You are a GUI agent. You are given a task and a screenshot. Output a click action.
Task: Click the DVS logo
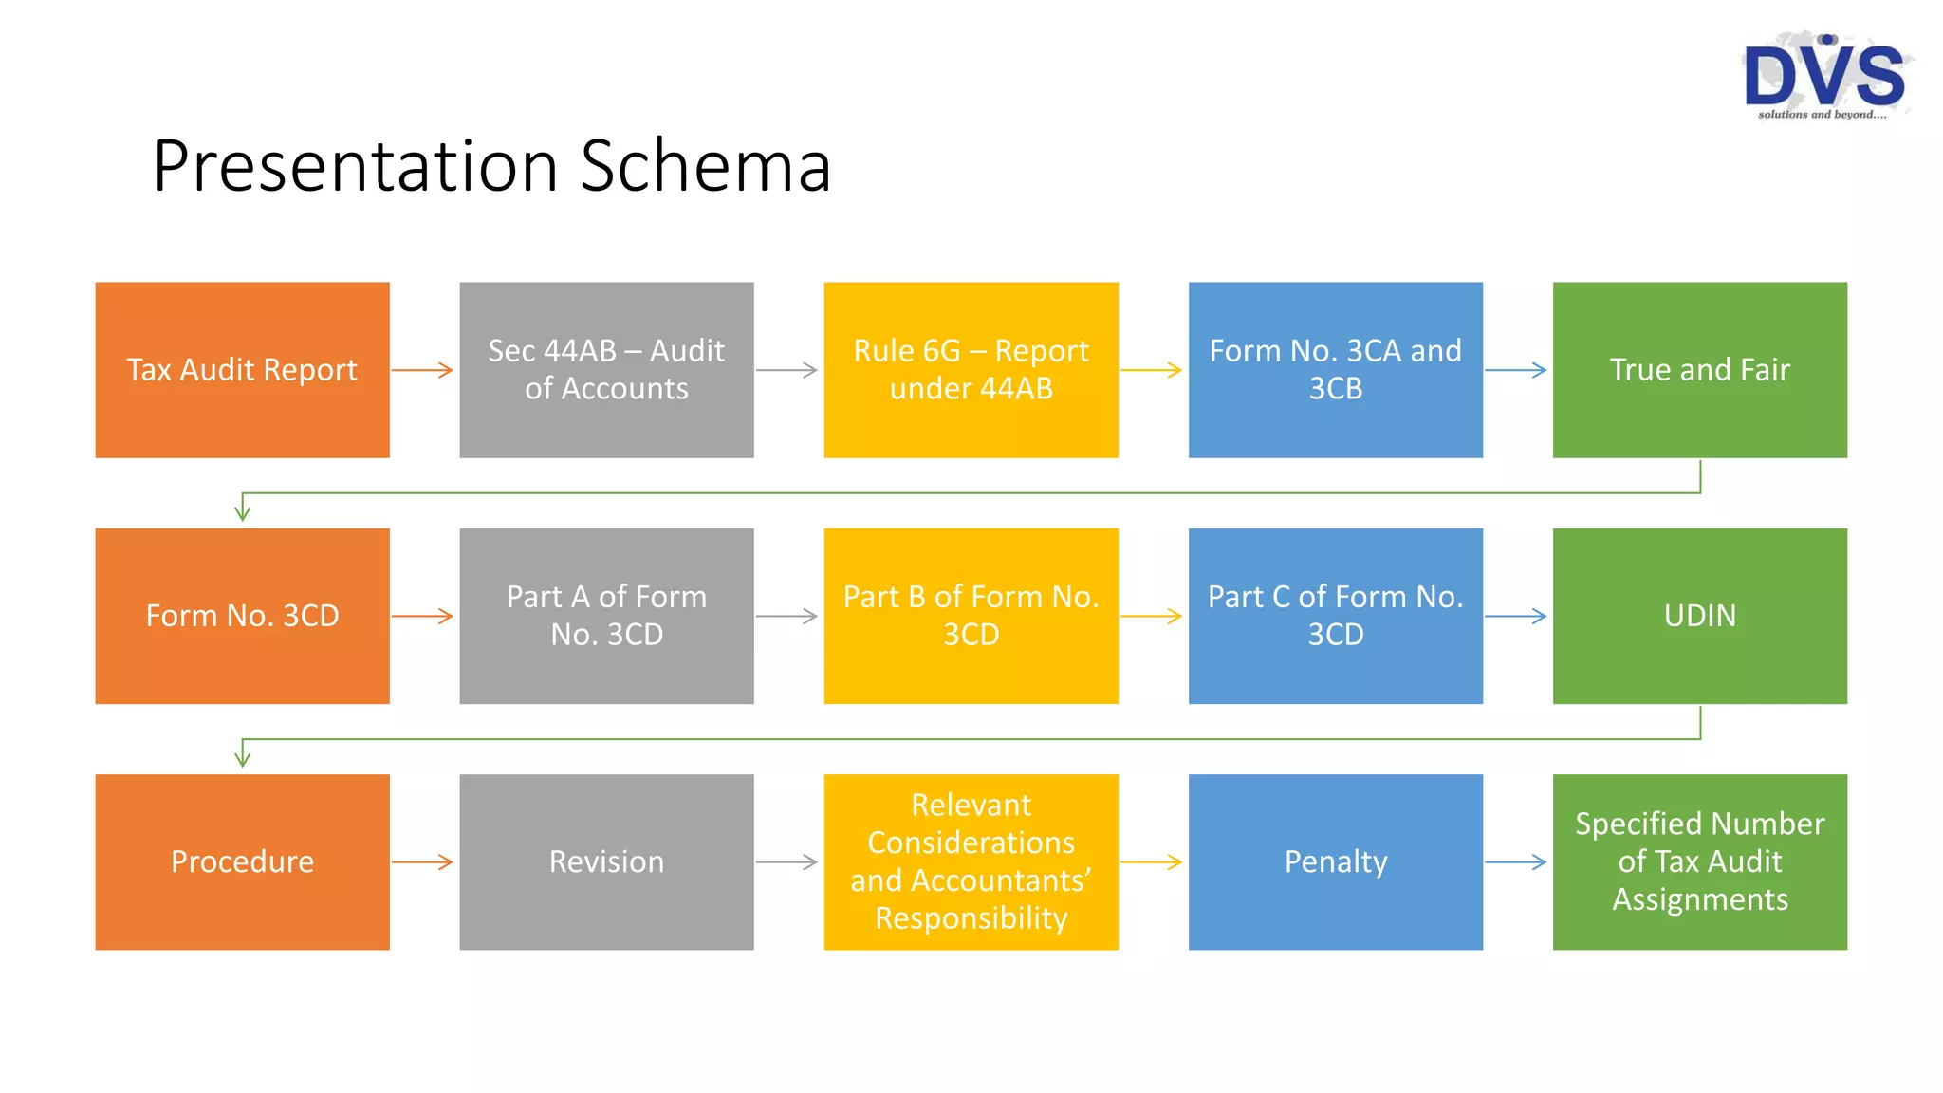pyautogui.click(x=1825, y=76)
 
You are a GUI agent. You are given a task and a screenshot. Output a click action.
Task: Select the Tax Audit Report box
pyautogui.click(x=242, y=370)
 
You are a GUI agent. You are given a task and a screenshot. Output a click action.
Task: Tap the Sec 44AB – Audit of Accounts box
pyautogui.click(x=606, y=370)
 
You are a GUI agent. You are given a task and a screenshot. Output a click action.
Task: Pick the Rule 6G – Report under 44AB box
pyautogui.click(x=971, y=370)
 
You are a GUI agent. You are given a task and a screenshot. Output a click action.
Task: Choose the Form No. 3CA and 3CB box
pyautogui.click(x=1335, y=370)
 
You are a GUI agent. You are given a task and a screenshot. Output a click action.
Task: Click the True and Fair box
pyautogui.click(x=1699, y=370)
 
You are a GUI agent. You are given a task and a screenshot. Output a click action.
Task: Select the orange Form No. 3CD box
pyautogui.click(x=242, y=616)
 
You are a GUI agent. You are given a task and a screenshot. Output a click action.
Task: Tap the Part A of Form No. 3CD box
pyautogui.click(x=606, y=616)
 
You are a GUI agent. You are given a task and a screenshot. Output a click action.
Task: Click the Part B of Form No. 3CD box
pyautogui.click(x=971, y=616)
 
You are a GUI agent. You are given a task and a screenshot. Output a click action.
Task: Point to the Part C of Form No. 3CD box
pyautogui.click(x=1335, y=616)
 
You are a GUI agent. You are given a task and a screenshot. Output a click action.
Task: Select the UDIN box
pyautogui.click(x=1699, y=616)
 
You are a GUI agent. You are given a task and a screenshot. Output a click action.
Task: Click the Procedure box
pyautogui.click(x=242, y=861)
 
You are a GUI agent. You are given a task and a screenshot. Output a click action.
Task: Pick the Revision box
pyautogui.click(x=606, y=861)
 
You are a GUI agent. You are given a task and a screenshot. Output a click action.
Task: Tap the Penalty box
pyautogui.click(x=1335, y=861)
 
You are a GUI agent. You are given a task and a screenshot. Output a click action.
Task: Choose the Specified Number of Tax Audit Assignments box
pyautogui.click(x=1699, y=861)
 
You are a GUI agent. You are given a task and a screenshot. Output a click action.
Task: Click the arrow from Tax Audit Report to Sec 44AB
pyautogui.click(x=423, y=370)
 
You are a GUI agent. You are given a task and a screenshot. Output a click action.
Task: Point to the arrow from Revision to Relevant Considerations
pyautogui.click(x=787, y=861)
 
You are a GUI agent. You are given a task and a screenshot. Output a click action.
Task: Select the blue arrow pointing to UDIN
pyautogui.click(x=1516, y=616)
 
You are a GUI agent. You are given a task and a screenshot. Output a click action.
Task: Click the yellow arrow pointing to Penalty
pyautogui.click(x=1152, y=861)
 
